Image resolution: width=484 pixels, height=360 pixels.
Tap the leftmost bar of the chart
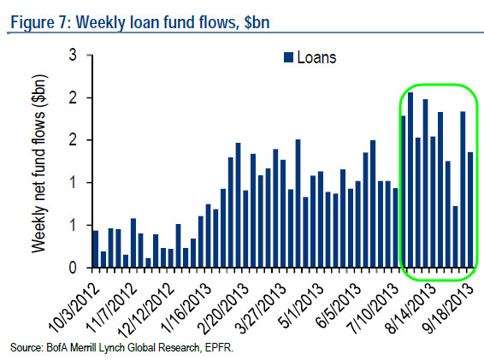tap(95, 249)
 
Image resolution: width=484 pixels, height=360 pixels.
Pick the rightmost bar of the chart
tap(470, 210)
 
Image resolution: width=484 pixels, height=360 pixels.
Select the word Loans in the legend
tap(316, 58)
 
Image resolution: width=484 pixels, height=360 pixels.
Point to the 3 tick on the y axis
tap(75, 56)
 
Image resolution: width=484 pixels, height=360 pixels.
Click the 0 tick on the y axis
tap(75, 268)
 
